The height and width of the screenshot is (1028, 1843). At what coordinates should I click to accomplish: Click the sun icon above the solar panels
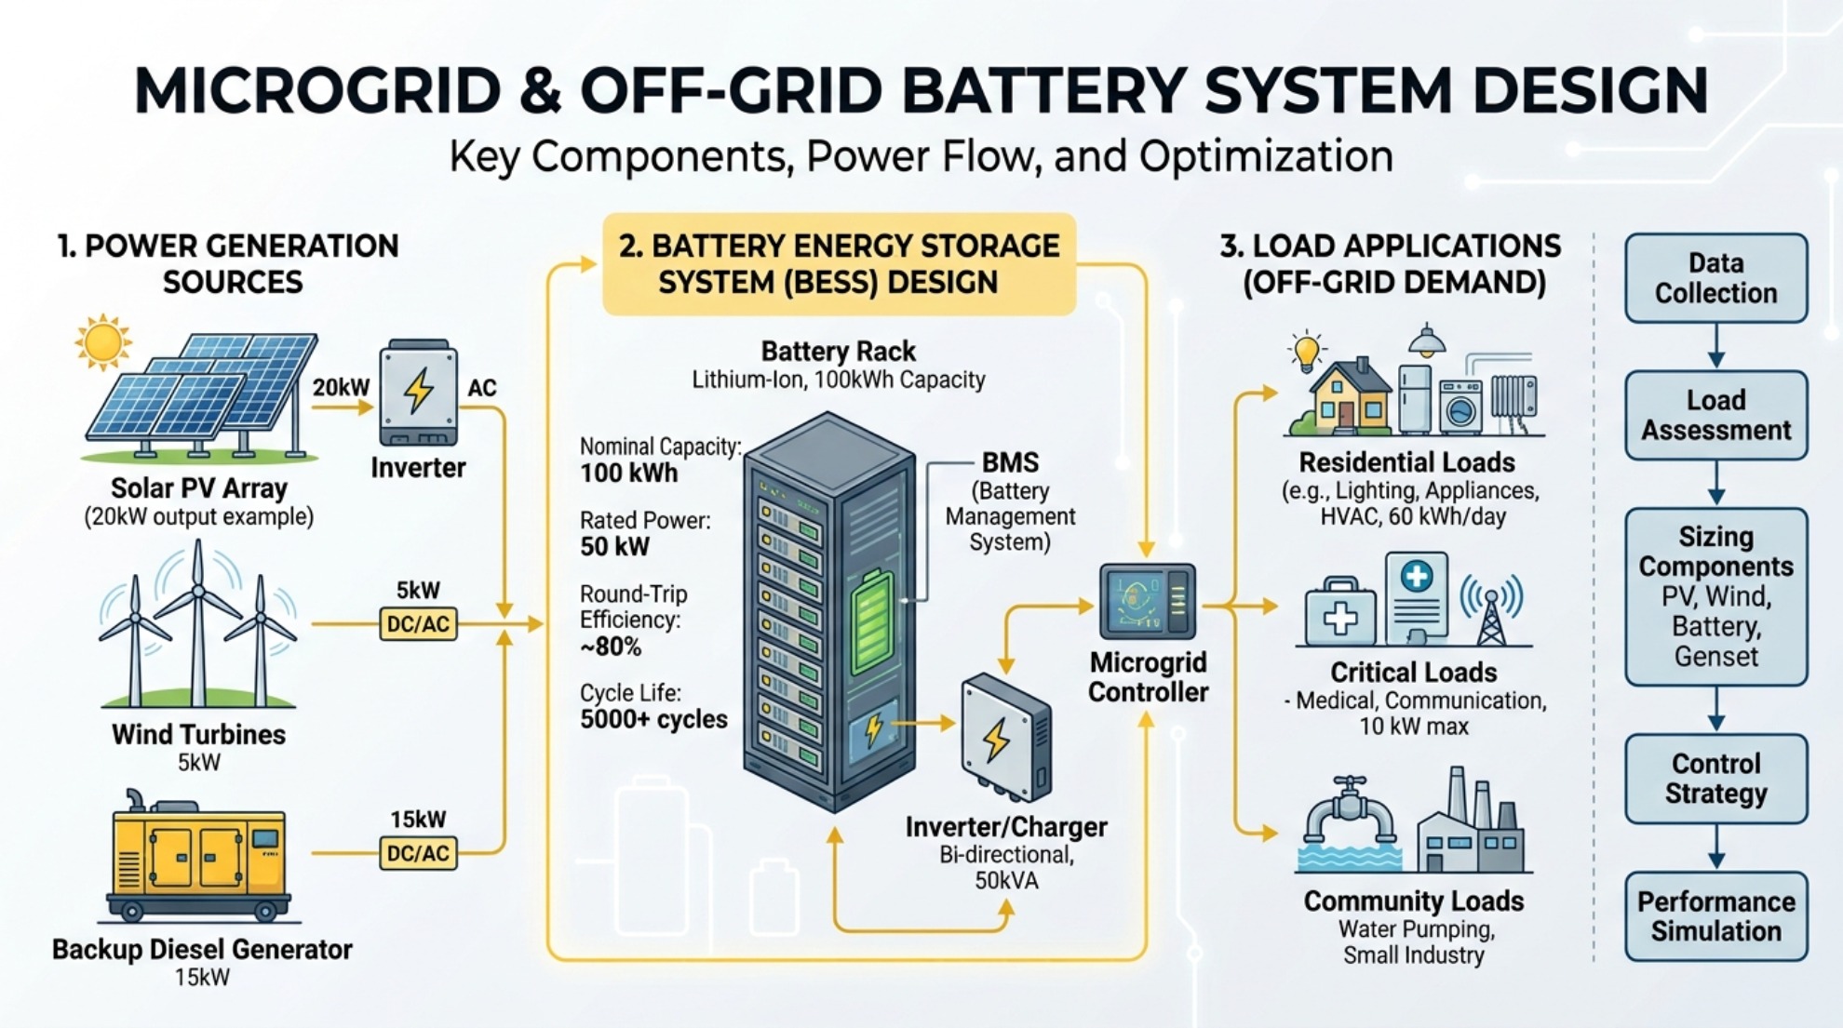pos(102,341)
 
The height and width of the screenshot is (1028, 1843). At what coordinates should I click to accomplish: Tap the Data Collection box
pos(1715,278)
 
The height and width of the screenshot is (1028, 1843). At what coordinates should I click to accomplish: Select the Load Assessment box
pos(1715,415)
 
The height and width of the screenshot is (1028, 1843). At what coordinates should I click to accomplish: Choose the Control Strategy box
pos(1715,779)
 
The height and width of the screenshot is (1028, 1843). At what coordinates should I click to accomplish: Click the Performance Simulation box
pos(1715,916)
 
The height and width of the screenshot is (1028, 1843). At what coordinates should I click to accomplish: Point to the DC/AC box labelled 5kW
pos(418,624)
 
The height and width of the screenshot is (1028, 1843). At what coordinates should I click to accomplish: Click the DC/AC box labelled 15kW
pos(418,853)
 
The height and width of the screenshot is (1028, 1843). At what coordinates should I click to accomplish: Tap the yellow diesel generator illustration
pos(199,856)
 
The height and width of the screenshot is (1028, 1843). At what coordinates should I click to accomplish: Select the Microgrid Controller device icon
pos(1148,601)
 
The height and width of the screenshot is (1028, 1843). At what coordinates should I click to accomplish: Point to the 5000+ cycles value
pos(653,719)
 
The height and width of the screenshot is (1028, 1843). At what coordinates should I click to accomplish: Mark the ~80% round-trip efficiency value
pos(611,647)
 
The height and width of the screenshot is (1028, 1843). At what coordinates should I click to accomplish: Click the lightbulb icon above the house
pos(1307,351)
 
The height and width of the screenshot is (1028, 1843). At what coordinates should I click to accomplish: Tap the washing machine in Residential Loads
pos(1460,407)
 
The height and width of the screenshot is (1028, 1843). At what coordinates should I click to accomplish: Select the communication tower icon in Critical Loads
pos(1491,610)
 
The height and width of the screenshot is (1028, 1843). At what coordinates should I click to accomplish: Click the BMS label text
pos(1010,462)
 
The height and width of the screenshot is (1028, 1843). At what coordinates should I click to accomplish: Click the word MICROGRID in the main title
pos(317,91)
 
